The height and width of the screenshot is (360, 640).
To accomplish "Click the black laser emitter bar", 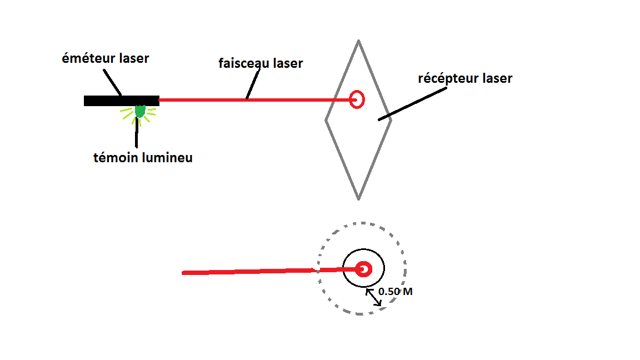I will pyautogui.click(x=121, y=101).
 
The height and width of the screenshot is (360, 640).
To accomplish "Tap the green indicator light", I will pyautogui.click(x=139, y=112).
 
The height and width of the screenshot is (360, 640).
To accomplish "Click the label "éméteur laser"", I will pyautogui.click(x=106, y=58).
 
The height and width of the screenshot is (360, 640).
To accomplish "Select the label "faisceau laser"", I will pyautogui.click(x=261, y=63).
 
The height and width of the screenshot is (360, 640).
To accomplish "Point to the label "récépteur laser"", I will pyautogui.click(x=465, y=78).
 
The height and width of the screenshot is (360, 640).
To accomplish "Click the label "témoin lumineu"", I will pyautogui.click(x=143, y=158).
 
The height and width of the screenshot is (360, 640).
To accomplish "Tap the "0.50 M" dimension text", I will pyautogui.click(x=395, y=291).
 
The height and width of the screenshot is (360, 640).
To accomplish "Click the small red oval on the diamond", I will pyautogui.click(x=357, y=99).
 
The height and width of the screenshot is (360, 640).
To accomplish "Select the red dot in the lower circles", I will pyautogui.click(x=363, y=269).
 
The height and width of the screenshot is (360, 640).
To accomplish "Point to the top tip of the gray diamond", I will pyautogui.click(x=359, y=41).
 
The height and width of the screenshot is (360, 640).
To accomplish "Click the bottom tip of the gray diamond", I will pyautogui.click(x=359, y=198).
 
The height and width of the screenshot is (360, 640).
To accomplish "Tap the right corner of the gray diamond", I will pyautogui.click(x=391, y=119).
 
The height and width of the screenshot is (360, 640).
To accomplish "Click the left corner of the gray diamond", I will pyautogui.click(x=326, y=119).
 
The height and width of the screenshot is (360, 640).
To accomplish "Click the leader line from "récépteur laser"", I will pyautogui.click(x=412, y=103).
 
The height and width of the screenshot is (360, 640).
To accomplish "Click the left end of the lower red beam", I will pyautogui.click(x=184, y=273).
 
